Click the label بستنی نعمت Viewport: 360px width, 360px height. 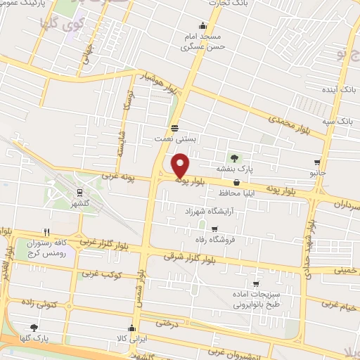(x=174, y=139)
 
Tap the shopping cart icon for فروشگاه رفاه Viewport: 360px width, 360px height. (x=214, y=229)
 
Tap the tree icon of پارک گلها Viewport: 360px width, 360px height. (x=34, y=328)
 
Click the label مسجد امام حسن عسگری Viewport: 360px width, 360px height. (x=203, y=41)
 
